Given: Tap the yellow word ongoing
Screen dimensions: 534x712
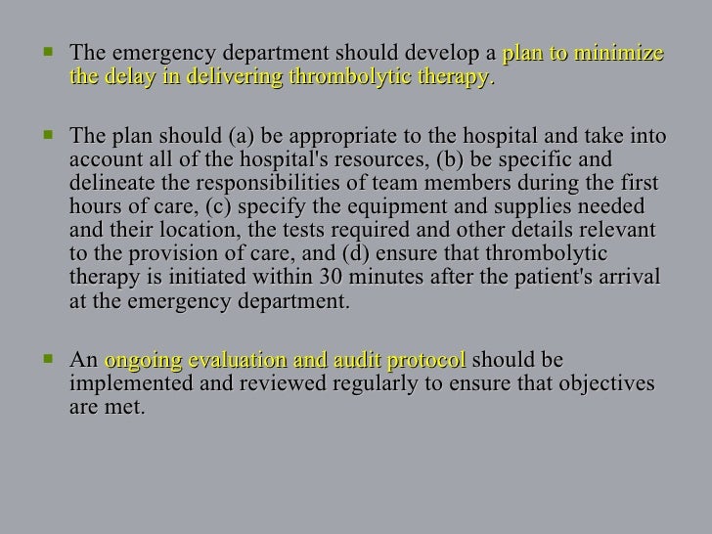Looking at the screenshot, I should tap(139, 360).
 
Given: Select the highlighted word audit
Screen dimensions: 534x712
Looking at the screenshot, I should tap(355, 360).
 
